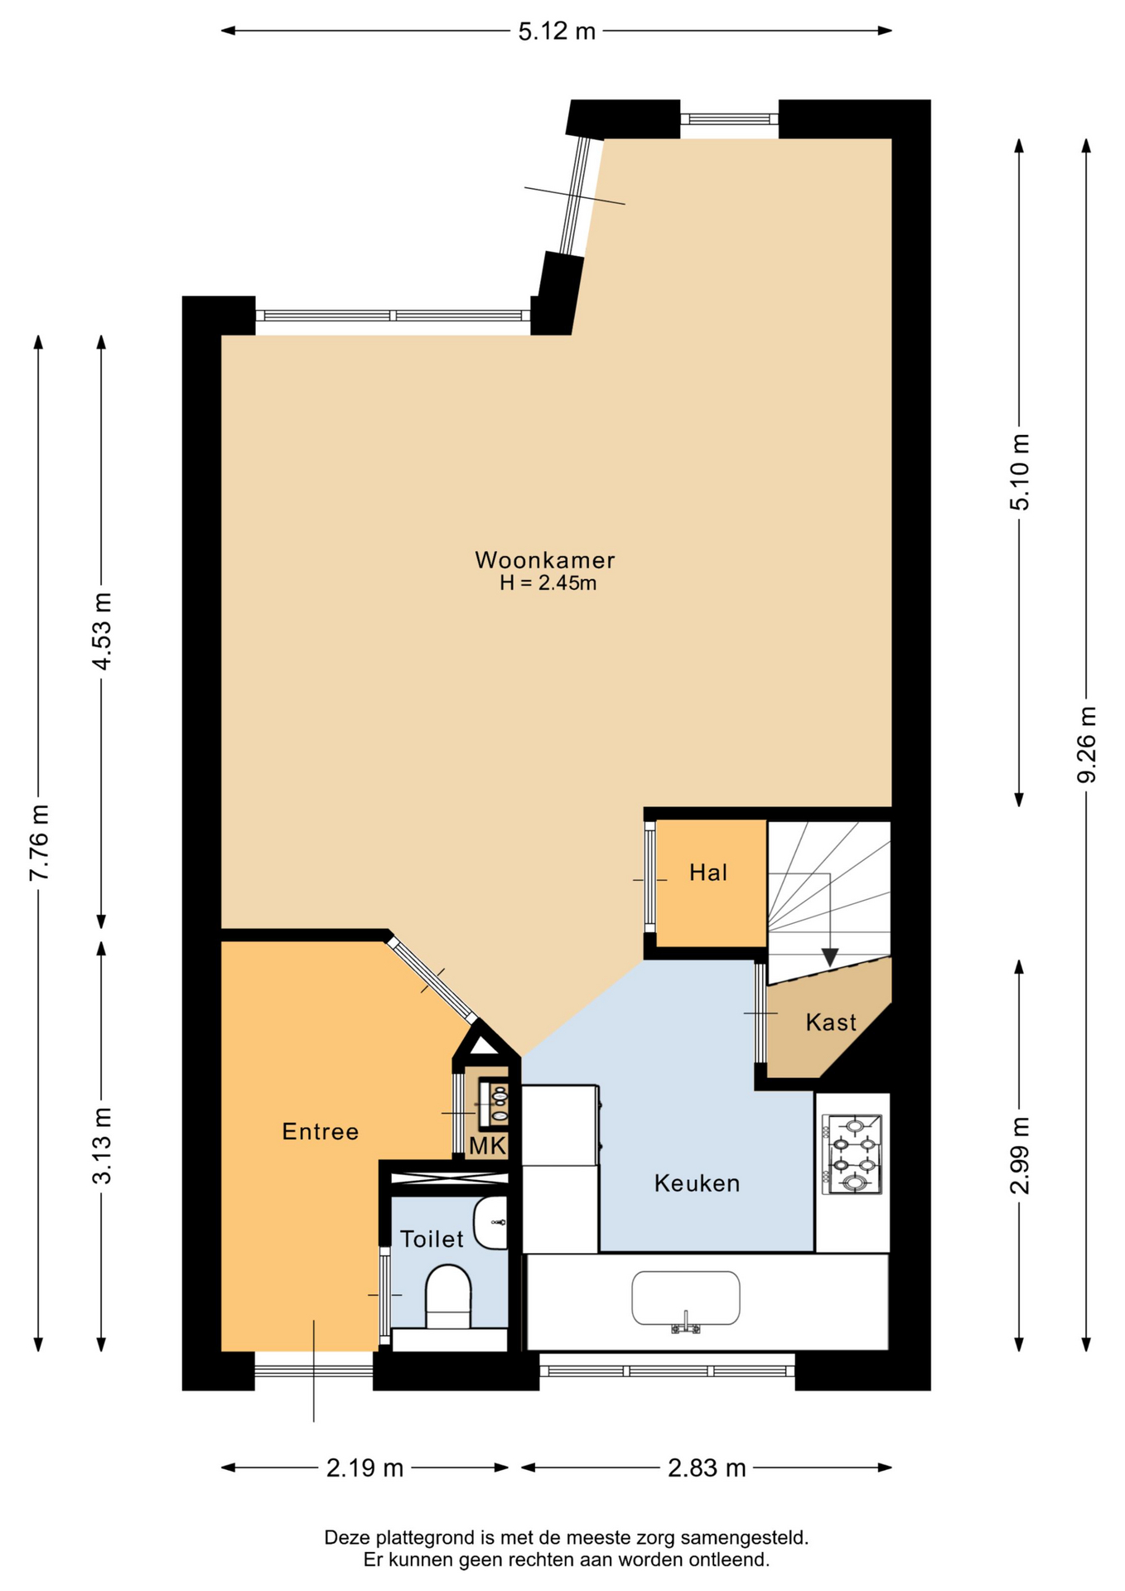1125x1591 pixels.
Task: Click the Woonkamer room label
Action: (544, 560)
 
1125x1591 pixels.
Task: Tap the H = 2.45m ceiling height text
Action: (548, 583)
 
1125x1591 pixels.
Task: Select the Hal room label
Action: (708, 873)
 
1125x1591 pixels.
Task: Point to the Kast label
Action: (831, 1023)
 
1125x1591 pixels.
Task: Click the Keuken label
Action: (697, 1183)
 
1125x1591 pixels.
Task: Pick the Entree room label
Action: (320, 1132)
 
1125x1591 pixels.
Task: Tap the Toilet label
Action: (432, 1239)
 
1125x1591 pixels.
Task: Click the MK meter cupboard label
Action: (488, 1146)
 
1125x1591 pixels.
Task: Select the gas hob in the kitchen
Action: (852, 1154)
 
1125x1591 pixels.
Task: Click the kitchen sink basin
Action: (686, 1298)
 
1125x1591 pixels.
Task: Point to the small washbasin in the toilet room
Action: (490, 1222)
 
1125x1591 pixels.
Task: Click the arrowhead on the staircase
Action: (829, 957)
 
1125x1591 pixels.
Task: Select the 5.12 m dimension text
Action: (557, 31)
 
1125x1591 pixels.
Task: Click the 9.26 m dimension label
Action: (1086, 744)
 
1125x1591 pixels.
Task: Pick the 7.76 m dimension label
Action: (38, 843)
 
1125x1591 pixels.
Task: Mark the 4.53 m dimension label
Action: (101, 631)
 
